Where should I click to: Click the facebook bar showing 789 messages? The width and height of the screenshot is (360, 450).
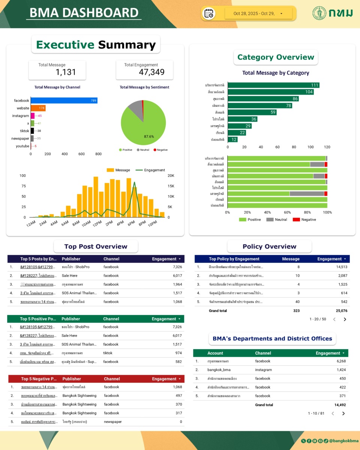64,100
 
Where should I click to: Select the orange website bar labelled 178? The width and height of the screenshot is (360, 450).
38,108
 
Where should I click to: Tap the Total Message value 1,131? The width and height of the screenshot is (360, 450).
66,72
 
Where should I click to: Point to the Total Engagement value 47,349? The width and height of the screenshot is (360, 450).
151,72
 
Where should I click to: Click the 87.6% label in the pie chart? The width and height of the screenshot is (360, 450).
149,136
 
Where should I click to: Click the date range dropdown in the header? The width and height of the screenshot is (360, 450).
259,13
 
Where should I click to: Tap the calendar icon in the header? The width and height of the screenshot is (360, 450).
209,13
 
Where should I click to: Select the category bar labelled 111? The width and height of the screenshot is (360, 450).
273,85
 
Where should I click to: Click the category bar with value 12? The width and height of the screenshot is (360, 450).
232,139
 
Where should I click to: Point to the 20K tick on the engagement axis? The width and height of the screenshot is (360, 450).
171,175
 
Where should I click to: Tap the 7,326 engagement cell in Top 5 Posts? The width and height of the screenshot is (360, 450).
177,267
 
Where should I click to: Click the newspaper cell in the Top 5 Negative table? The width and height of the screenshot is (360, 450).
113,422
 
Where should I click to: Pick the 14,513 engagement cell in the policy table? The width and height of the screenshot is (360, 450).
339,267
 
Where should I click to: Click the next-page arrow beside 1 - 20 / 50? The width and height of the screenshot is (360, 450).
345,319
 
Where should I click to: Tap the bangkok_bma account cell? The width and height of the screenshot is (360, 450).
219,370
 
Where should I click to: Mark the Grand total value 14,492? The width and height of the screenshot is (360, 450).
340,405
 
